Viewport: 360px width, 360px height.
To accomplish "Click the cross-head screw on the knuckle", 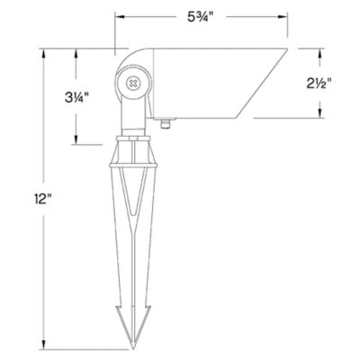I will click(x=134, y=83).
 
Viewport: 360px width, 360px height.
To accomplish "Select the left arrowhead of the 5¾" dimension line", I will click(x=120, y=15).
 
